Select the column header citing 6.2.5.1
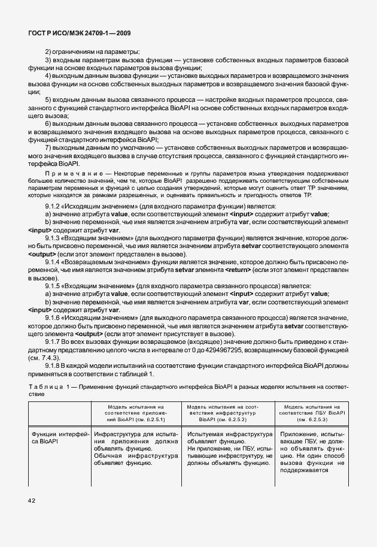[x=138, y=413]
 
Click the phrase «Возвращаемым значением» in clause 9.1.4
[x=101, y=262]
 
